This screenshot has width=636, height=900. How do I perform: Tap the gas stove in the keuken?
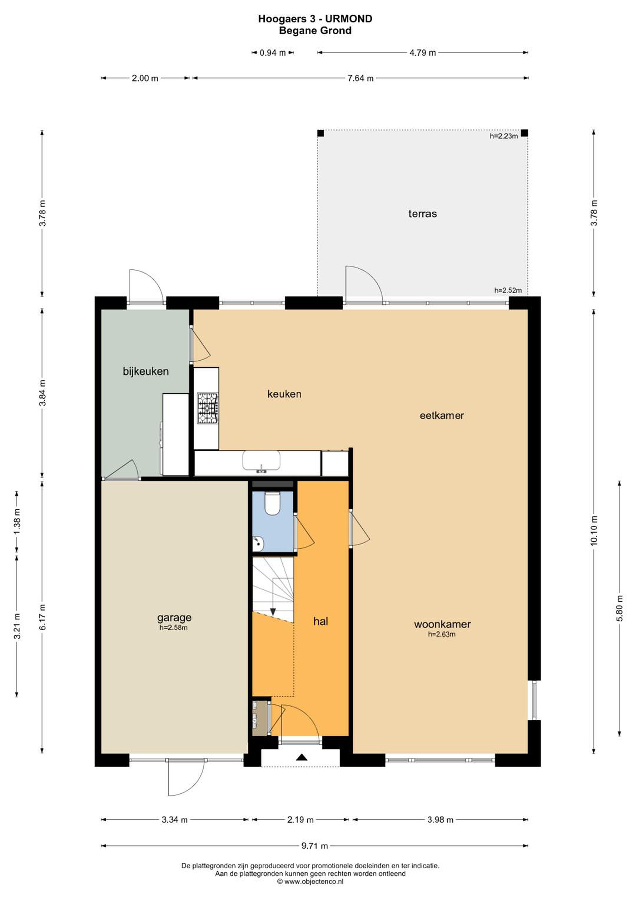208,408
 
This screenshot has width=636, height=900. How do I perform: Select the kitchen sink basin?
261,460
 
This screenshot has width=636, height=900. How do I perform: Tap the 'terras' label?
422,214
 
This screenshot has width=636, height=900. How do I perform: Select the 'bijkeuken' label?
146,371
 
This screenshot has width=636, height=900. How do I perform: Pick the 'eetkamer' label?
442,416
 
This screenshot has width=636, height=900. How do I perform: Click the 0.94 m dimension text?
273,53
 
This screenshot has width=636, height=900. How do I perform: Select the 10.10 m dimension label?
594,530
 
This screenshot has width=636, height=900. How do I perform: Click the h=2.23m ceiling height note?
504,137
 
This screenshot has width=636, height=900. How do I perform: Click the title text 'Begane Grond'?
315,31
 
